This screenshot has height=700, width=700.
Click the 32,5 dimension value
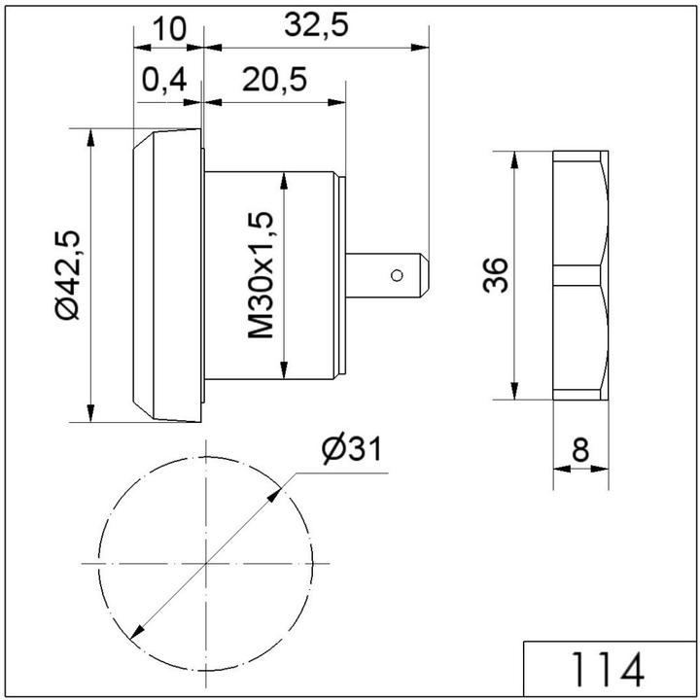pos(316,26)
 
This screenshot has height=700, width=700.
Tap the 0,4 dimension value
pos(163,80)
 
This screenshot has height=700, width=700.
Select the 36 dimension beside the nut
pos(495,275)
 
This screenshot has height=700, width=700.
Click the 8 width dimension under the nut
pos(580,450)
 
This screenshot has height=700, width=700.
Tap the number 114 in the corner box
pos(608,670)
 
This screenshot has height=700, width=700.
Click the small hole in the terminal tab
pos(397,275)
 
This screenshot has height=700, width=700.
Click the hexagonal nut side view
pos(580,275)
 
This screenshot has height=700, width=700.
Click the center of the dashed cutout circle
pos(206,564)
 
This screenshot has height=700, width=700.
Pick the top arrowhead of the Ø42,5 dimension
pos(90,137)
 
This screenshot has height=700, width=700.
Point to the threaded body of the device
pos(272,275)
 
